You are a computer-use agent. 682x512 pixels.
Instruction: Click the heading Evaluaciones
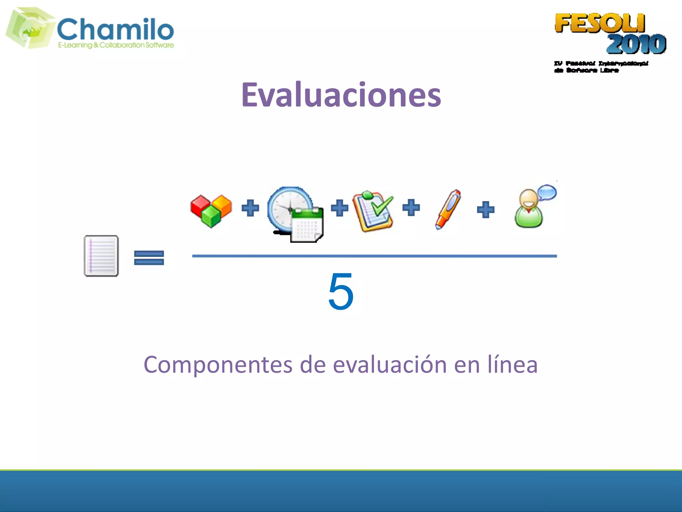click(341, 95)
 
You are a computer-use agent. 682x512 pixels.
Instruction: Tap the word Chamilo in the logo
click(116, 29)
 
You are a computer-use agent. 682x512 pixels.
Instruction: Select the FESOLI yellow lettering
click(599, 23)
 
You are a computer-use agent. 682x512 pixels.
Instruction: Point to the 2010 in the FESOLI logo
click(636, 44)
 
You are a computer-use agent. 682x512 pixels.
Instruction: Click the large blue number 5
click(341, 291)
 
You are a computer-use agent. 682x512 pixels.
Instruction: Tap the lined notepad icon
click(101, 256)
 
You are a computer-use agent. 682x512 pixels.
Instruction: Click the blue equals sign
click(149, 258)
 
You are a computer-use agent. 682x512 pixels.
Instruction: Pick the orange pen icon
click(448, 209)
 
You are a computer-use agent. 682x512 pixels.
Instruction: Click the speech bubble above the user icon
click(547, 193)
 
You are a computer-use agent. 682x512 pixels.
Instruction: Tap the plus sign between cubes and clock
click(250, 208)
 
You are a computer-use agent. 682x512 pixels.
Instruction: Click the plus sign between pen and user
click(486, 210)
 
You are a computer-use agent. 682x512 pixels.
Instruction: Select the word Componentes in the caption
click(218, 365)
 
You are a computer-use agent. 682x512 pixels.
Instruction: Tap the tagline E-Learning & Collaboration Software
click(116, 45)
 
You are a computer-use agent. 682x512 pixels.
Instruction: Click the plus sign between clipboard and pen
click(411, 208)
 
